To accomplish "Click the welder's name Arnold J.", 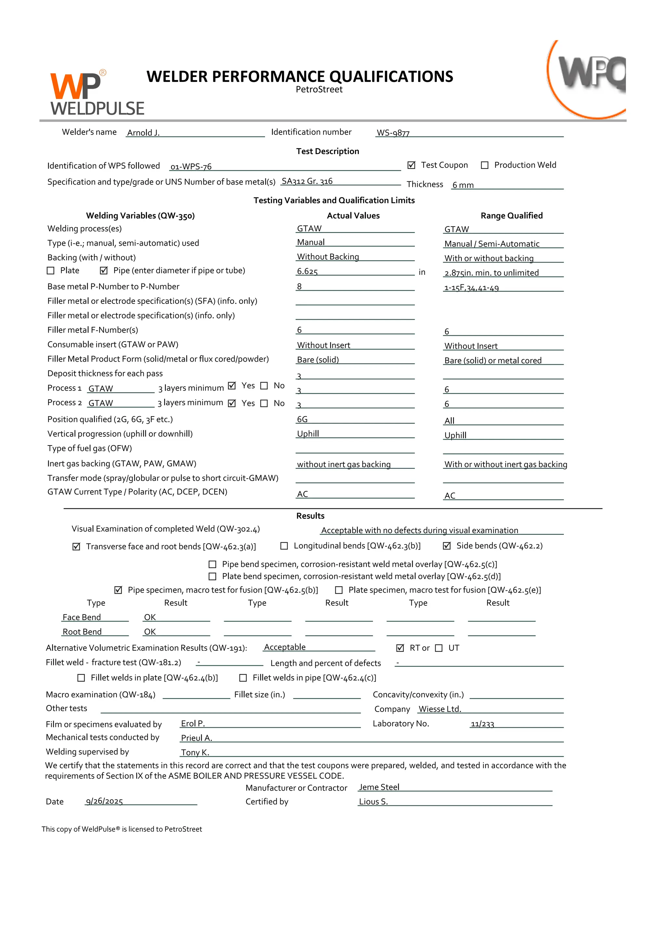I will click(143, 133).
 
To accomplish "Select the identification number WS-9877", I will click(393, 133).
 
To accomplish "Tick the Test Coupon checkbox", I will click(411, 165).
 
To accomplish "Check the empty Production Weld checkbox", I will click(485, 165).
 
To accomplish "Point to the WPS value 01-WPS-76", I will click(191, 167).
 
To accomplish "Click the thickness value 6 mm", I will click(463, 185).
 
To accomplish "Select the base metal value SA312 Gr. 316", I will click(307, 181).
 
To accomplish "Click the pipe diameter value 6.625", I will click(307, 272).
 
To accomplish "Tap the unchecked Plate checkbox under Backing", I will click(51, 270).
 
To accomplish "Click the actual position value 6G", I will click(302, 419).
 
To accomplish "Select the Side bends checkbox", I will click(447, 546).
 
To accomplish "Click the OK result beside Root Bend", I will click(150, 632).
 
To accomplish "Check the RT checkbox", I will click(400, 648).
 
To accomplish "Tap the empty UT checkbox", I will click(439, 648).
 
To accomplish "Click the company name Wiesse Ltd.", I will click(440, 709).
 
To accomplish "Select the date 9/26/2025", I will click(104, 802).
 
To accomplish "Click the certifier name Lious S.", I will click(373, 802).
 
